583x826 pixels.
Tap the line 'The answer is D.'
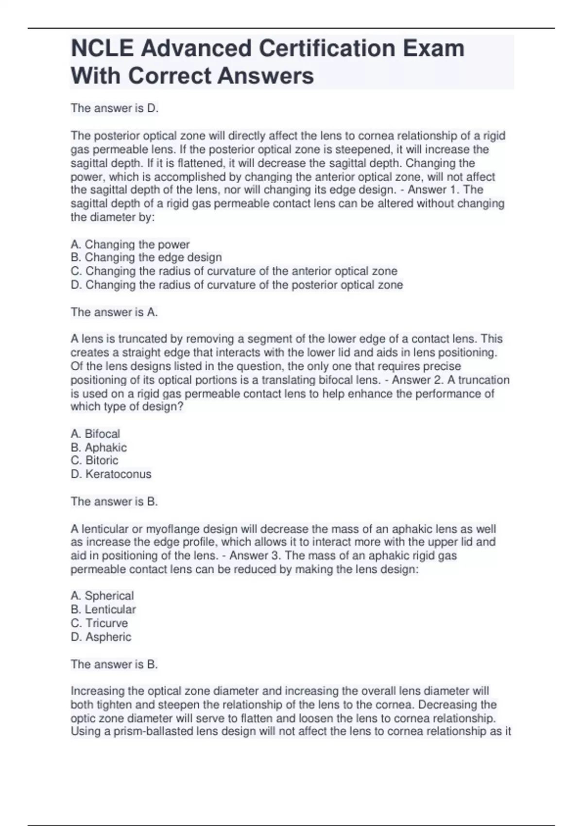pos(115,108)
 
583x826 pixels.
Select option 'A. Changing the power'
pos(130,244)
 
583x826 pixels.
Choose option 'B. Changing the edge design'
pos(146,258)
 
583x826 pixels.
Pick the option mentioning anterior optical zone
pos(234,271)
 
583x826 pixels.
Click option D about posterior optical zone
pos(237,285)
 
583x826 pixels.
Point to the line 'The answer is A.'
pos(114,312)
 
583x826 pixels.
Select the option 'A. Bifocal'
pos(95,433)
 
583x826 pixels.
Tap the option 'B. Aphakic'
pos(99,447)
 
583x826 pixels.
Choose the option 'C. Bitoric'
pos(94,460)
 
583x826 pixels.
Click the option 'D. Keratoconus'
pos(111,474)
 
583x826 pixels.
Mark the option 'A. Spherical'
pos(102,596)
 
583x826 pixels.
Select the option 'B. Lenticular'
pos(103,609)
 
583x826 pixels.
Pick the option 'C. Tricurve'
pos(99,623)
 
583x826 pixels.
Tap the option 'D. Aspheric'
pos(101,637)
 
